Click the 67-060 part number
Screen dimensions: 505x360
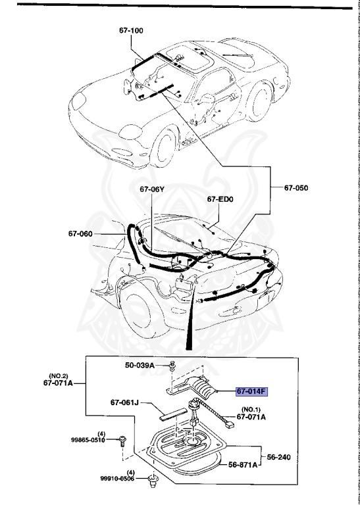[x=81, y=233]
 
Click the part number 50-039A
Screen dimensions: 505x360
[x=141, y=365]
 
